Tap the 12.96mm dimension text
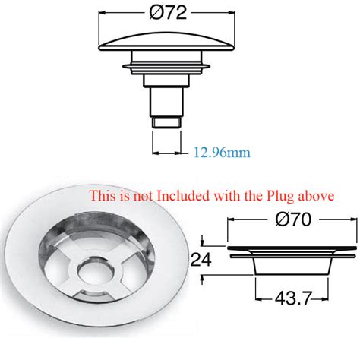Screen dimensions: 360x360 click(222, 153)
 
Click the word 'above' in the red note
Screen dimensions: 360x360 click(317, 195)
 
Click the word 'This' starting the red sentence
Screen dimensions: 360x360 click(102, 195)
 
